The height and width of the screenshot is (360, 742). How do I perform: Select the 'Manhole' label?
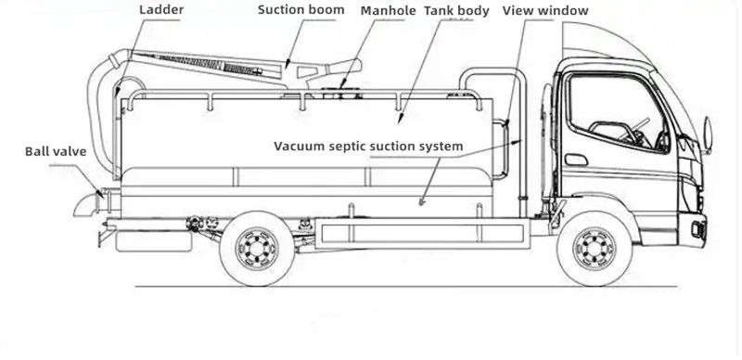point(389,11)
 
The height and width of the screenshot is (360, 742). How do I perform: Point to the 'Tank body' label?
point(456,11)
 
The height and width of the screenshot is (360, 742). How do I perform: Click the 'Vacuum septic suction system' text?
point(369,147)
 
